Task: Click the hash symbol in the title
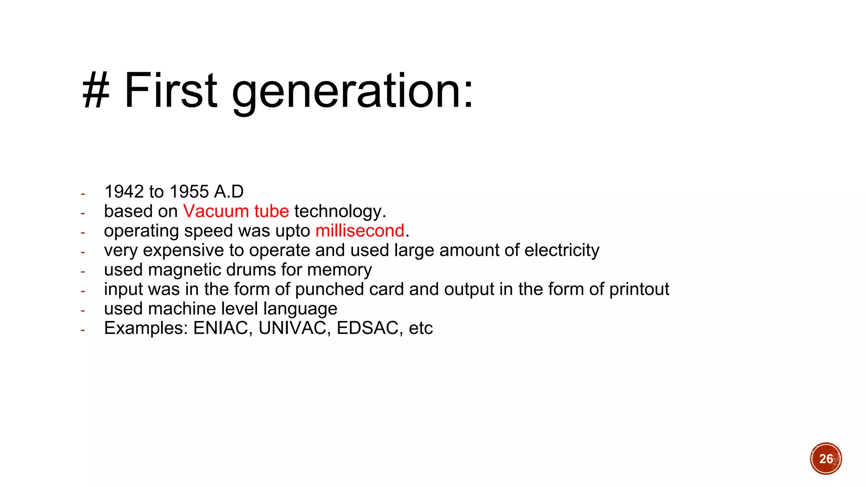96,90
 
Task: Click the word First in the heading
170,90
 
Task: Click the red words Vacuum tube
236,211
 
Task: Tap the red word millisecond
360,231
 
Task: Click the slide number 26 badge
826,459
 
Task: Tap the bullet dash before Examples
83,330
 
